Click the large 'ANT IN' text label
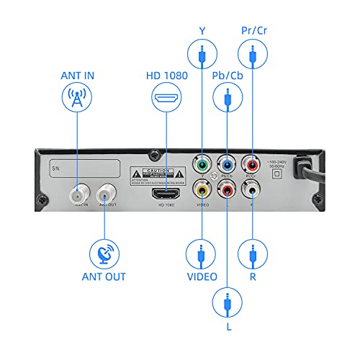pos(77,76)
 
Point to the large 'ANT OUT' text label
pos(104,276)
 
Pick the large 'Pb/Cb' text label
pos(228,76)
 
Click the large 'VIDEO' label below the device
pos(202,276)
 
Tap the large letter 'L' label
pos(228,328)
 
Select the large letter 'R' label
pos(253,276)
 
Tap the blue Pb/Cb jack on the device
pos(228,164)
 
